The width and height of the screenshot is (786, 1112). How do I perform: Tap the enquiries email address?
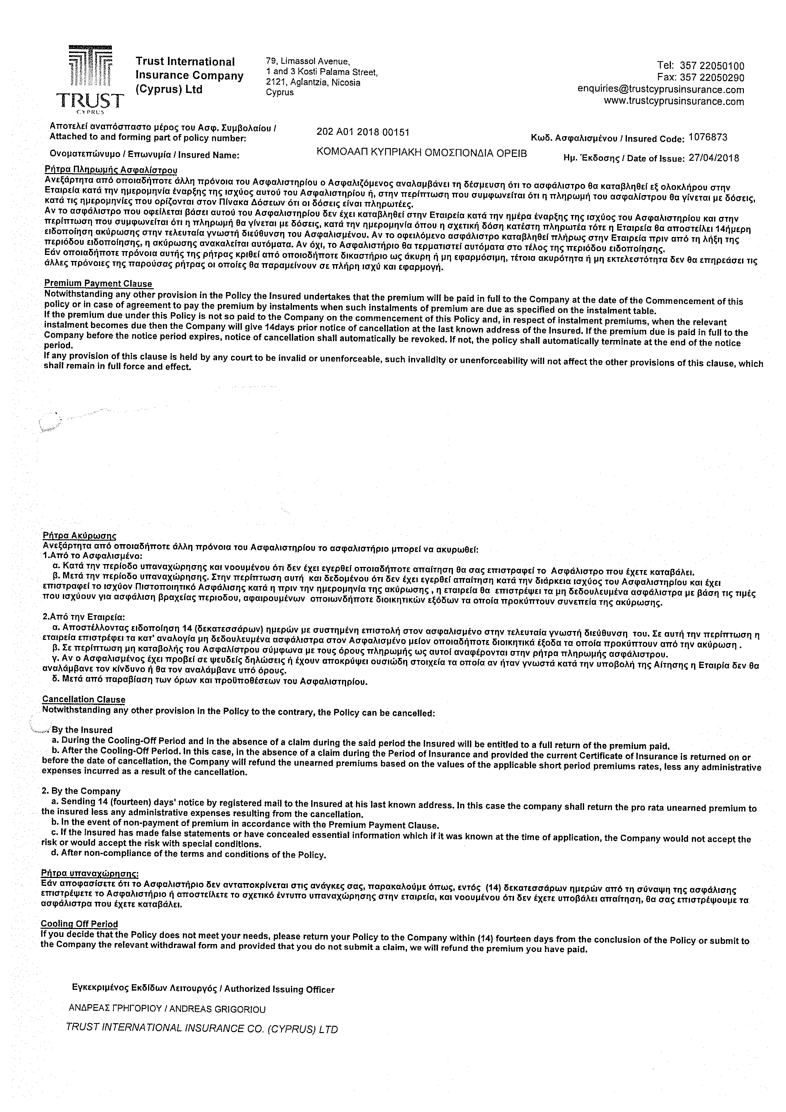pyautogui.click(x=660, y=90)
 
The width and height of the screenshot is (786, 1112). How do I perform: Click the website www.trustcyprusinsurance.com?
pyautogui.click(x=674, y=101)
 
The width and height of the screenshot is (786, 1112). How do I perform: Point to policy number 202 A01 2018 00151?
pyautogui.click(x=363, y=132)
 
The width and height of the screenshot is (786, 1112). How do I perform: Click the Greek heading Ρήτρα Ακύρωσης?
pyautogui.click(x=79, y=536)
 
